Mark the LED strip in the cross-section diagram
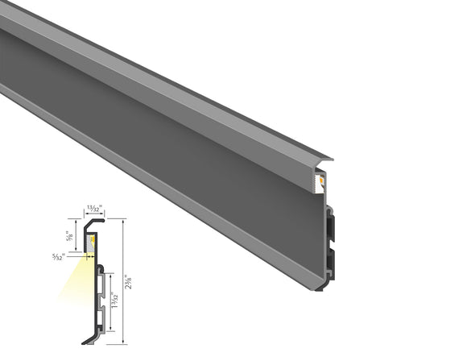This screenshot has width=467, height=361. (x=92, y=240)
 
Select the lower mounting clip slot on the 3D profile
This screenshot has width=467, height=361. (x=330, y=259)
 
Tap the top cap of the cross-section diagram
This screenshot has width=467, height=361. (x=94, y=219)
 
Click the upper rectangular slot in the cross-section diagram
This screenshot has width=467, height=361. (x=101, y=286)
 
